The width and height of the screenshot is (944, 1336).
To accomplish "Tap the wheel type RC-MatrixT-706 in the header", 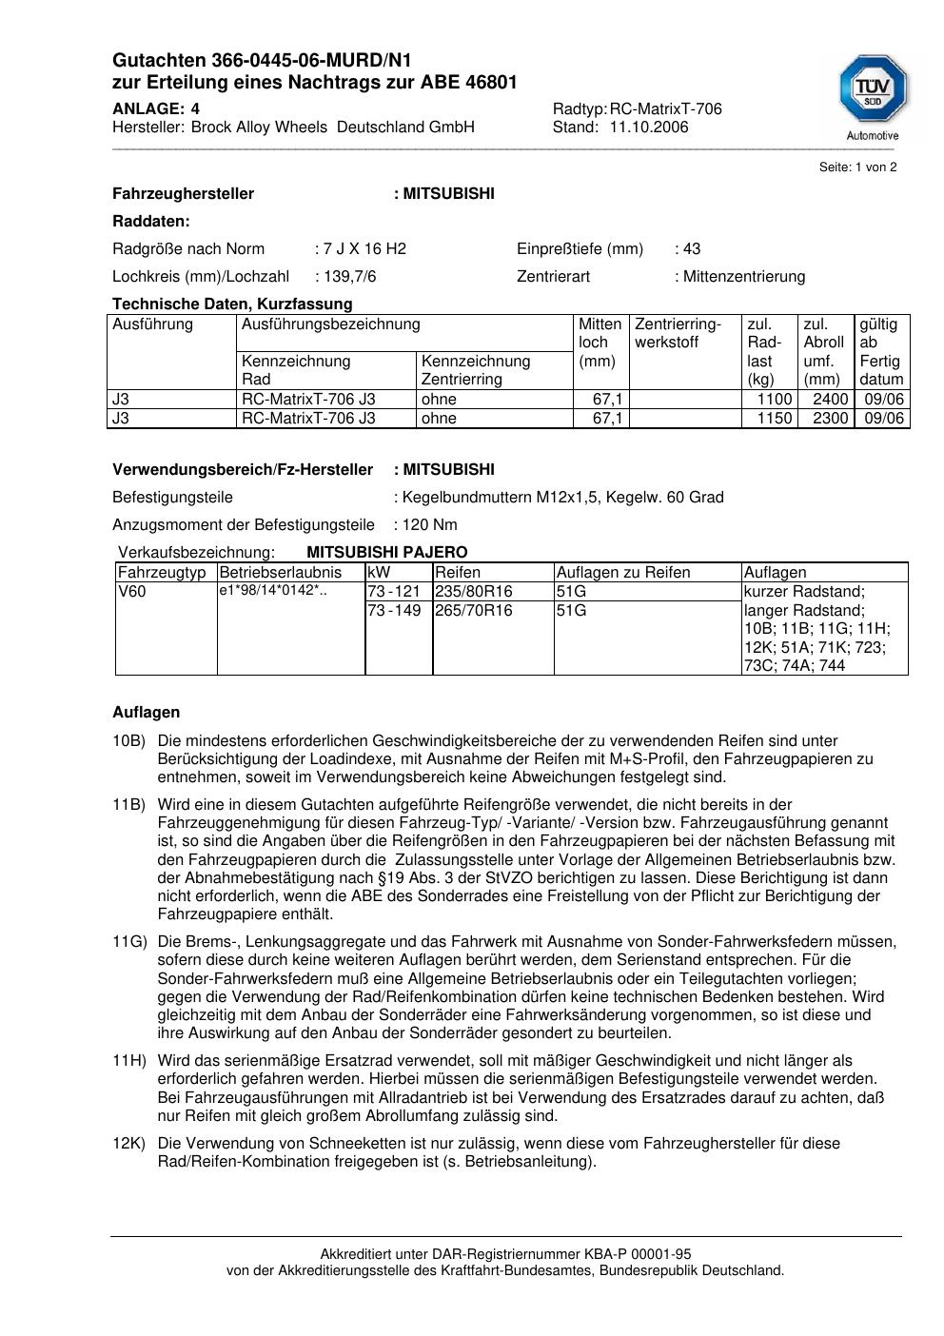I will (x=665, y=109).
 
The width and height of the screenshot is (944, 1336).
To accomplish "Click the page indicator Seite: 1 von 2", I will (x=857, y=167).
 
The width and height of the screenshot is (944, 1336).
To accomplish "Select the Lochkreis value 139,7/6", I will (x=356, y=277).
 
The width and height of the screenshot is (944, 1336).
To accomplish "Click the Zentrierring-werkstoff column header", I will (x=678, y=333).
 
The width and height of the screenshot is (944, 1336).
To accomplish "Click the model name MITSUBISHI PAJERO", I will (x=387, y=553).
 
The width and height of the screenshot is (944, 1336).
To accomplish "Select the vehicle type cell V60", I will (x=133, y=592).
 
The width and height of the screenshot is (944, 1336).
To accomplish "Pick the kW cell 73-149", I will (x=394, y=611).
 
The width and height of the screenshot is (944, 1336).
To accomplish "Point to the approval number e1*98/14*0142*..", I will (x=273, y=592).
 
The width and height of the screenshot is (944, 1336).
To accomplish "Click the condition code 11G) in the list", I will (x=129, y=942).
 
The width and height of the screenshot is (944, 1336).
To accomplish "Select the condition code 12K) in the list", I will (x=129, y=1144).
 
